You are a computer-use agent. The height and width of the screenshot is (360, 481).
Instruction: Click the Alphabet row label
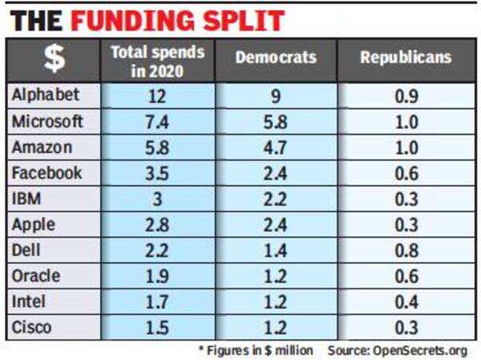[46, 95]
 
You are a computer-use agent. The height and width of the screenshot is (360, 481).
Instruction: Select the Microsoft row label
[47, 121]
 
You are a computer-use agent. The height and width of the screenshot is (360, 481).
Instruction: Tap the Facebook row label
[47, 172]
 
